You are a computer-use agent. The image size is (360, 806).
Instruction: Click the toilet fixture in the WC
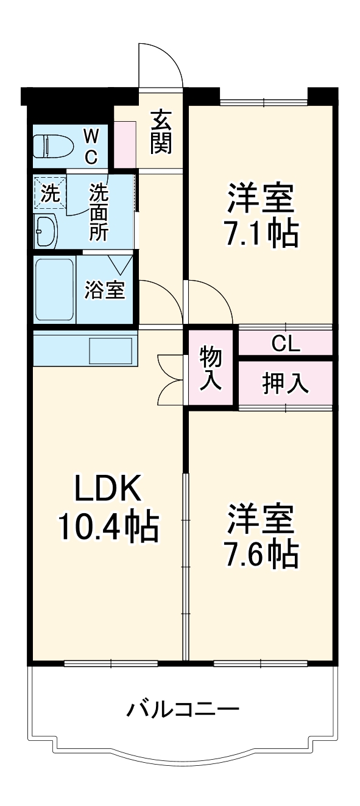[x=53, y=147]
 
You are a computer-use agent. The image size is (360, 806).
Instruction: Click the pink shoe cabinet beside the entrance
[x=125, y=144]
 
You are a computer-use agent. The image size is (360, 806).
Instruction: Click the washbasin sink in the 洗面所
[x=46, y=231]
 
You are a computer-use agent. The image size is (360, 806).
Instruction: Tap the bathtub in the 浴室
[x=55, y=290]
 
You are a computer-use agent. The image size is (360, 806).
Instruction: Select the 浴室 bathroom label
[x=104, y=290]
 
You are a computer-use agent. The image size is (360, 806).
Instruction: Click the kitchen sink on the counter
[x=111, y=351]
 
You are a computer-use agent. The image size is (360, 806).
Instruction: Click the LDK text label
[x=107, y=488]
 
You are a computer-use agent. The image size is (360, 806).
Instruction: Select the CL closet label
[x=286, y=343]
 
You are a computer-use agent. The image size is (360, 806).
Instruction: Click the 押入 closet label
[x=285, y=383]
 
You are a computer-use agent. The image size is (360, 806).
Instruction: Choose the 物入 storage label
[x=211, y=367]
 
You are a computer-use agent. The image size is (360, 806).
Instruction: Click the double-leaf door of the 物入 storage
[x=172, y=380]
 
